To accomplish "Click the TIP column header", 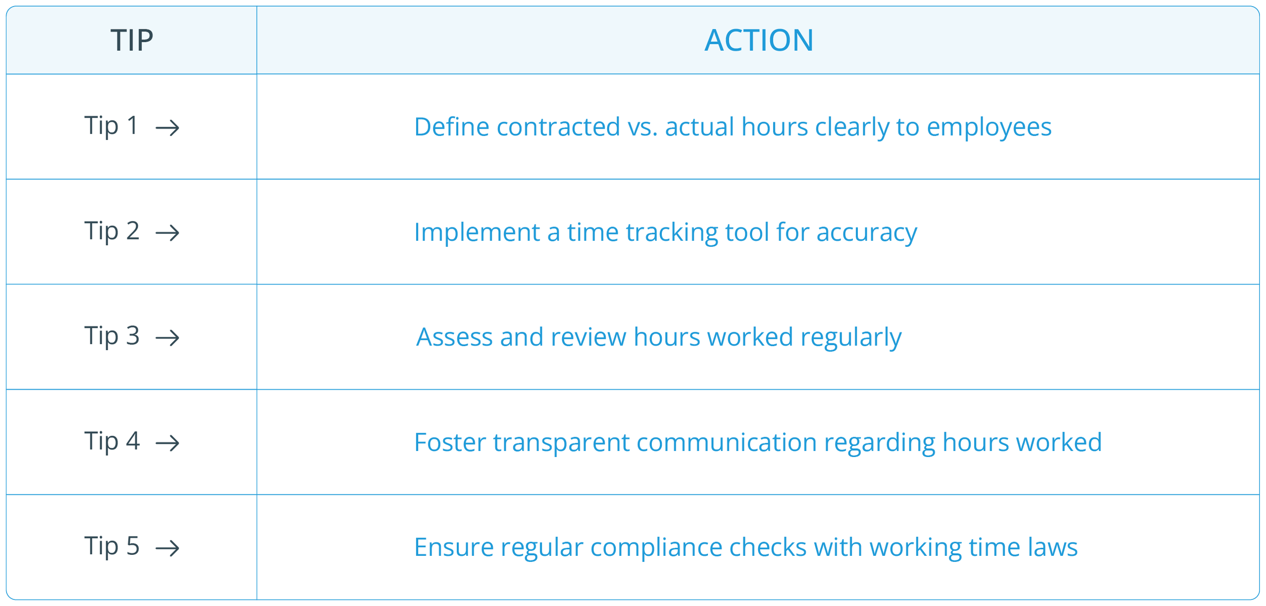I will click(132, 40).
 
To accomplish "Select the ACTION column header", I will click(759, 40).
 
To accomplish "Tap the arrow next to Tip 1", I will click(168, 128).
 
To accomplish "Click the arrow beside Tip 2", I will click(168, 233).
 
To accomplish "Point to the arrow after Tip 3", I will click(168, 338).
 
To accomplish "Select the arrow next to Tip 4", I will click(168, 443).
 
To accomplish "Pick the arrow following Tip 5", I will click(168, 548).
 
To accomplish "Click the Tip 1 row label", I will click(111, 126).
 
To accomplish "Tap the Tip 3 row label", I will click(111, 336).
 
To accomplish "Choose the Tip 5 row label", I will click(111, 546).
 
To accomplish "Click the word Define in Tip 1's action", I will click(452, 127).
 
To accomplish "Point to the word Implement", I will click(477, 232).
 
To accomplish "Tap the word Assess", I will click(454, 337).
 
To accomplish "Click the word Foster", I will click(450, 442).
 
